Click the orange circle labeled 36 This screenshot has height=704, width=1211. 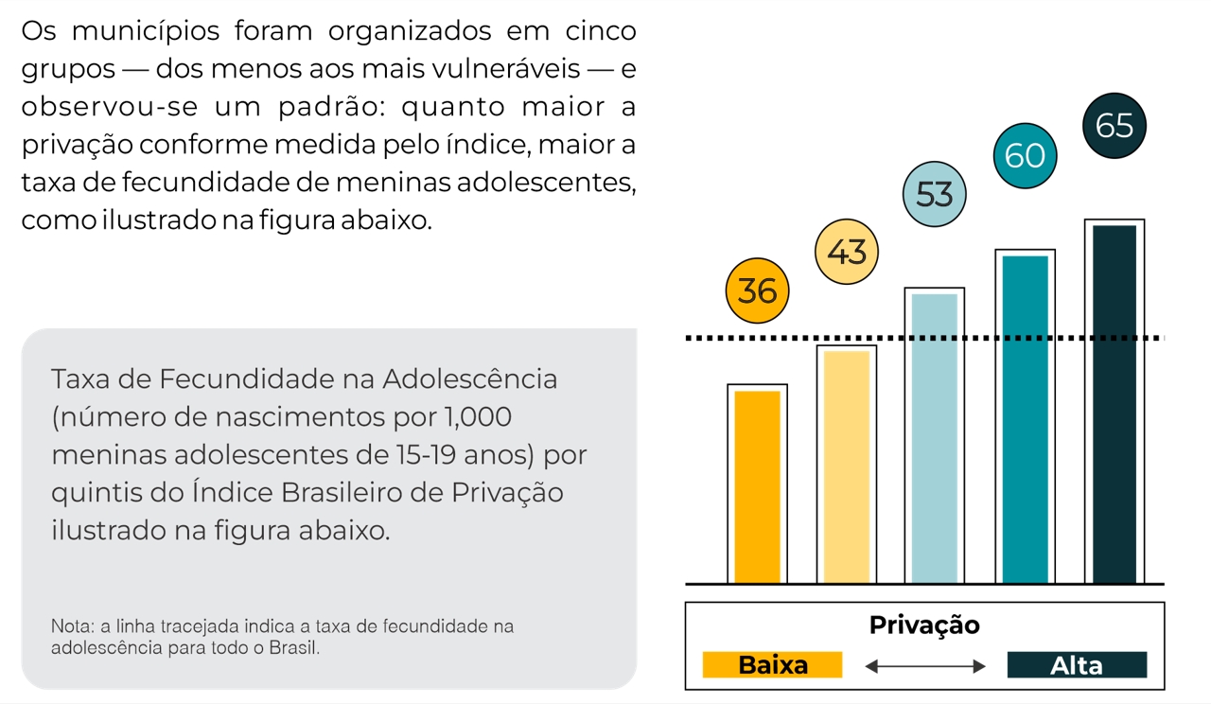757,291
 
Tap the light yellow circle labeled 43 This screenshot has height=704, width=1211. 847,253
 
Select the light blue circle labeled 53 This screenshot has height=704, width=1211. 935,194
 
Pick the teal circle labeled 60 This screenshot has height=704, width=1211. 1025,155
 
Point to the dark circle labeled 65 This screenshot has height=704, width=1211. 1114,126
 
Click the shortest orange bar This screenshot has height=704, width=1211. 757,486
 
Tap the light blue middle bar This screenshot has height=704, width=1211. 935,438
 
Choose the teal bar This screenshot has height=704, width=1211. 1025,419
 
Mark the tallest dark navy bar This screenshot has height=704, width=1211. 1114,404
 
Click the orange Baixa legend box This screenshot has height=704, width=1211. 772,665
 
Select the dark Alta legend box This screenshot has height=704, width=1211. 1077,665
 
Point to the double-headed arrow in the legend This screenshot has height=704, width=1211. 924,667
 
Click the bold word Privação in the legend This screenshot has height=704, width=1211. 924,625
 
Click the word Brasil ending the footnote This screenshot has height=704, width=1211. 294,649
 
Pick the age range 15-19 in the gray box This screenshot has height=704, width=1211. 423,455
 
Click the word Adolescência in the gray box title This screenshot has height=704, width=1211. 469,379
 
